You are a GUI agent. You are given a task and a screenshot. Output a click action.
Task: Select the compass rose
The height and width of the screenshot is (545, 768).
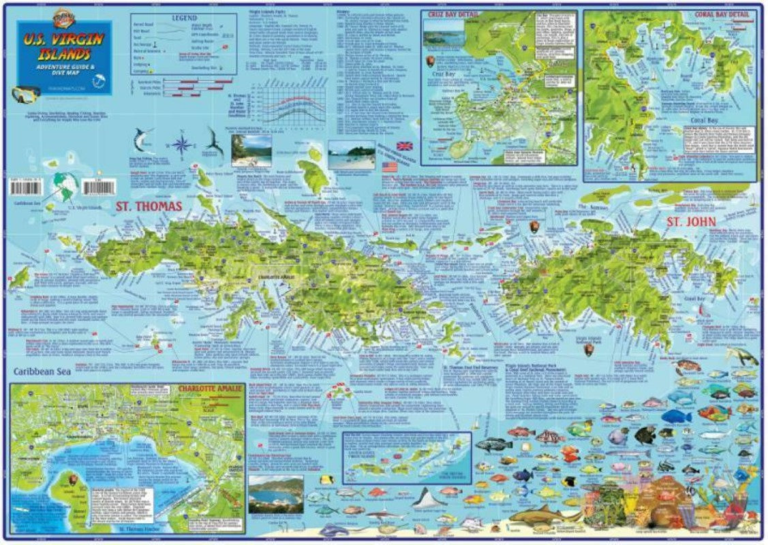181,144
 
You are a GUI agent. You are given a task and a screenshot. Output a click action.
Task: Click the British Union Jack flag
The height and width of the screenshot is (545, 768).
404,146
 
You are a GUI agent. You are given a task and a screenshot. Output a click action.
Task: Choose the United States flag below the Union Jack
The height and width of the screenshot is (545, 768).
390,166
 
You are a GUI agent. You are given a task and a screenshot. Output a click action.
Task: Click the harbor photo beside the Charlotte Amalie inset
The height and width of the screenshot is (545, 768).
276,494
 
